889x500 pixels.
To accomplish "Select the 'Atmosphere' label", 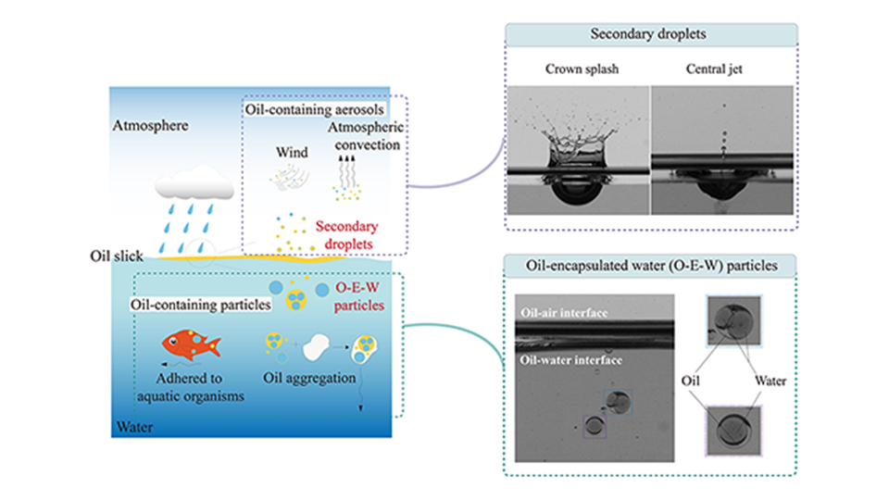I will [151, 124].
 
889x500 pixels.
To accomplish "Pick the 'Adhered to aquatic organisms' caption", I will [189, 386].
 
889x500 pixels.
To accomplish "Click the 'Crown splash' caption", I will [576, 70].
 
